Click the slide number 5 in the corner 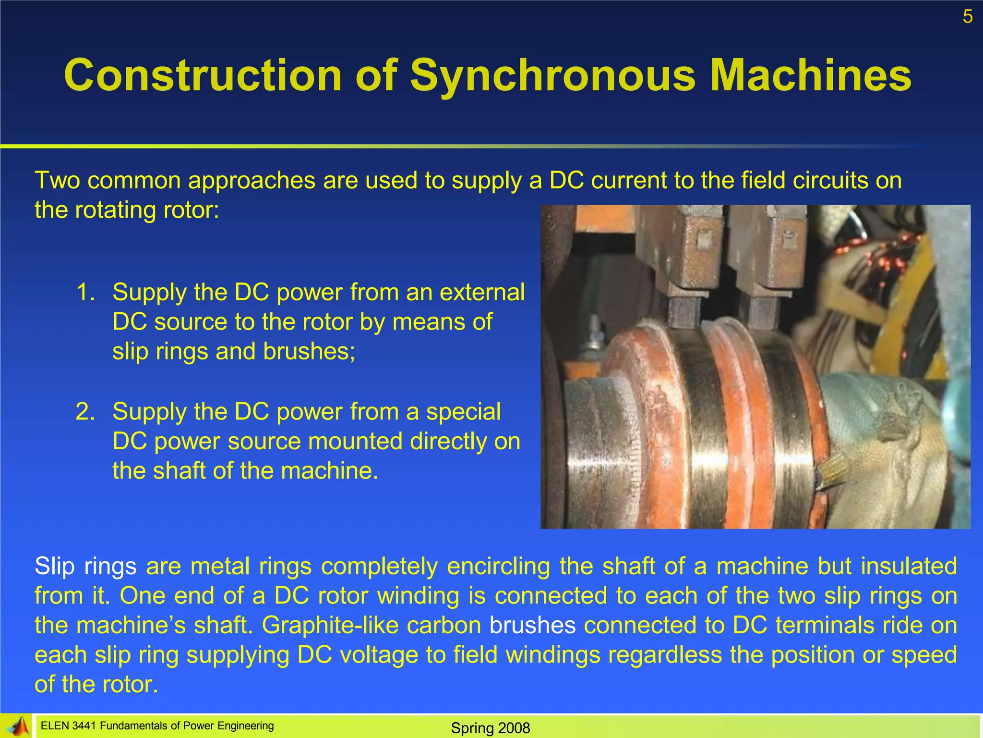[967, 17]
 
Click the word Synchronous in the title [552, 76]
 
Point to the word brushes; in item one [309, 351]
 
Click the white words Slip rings [85, 566]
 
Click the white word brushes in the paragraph [532, 625]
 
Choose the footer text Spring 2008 [490, 728]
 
